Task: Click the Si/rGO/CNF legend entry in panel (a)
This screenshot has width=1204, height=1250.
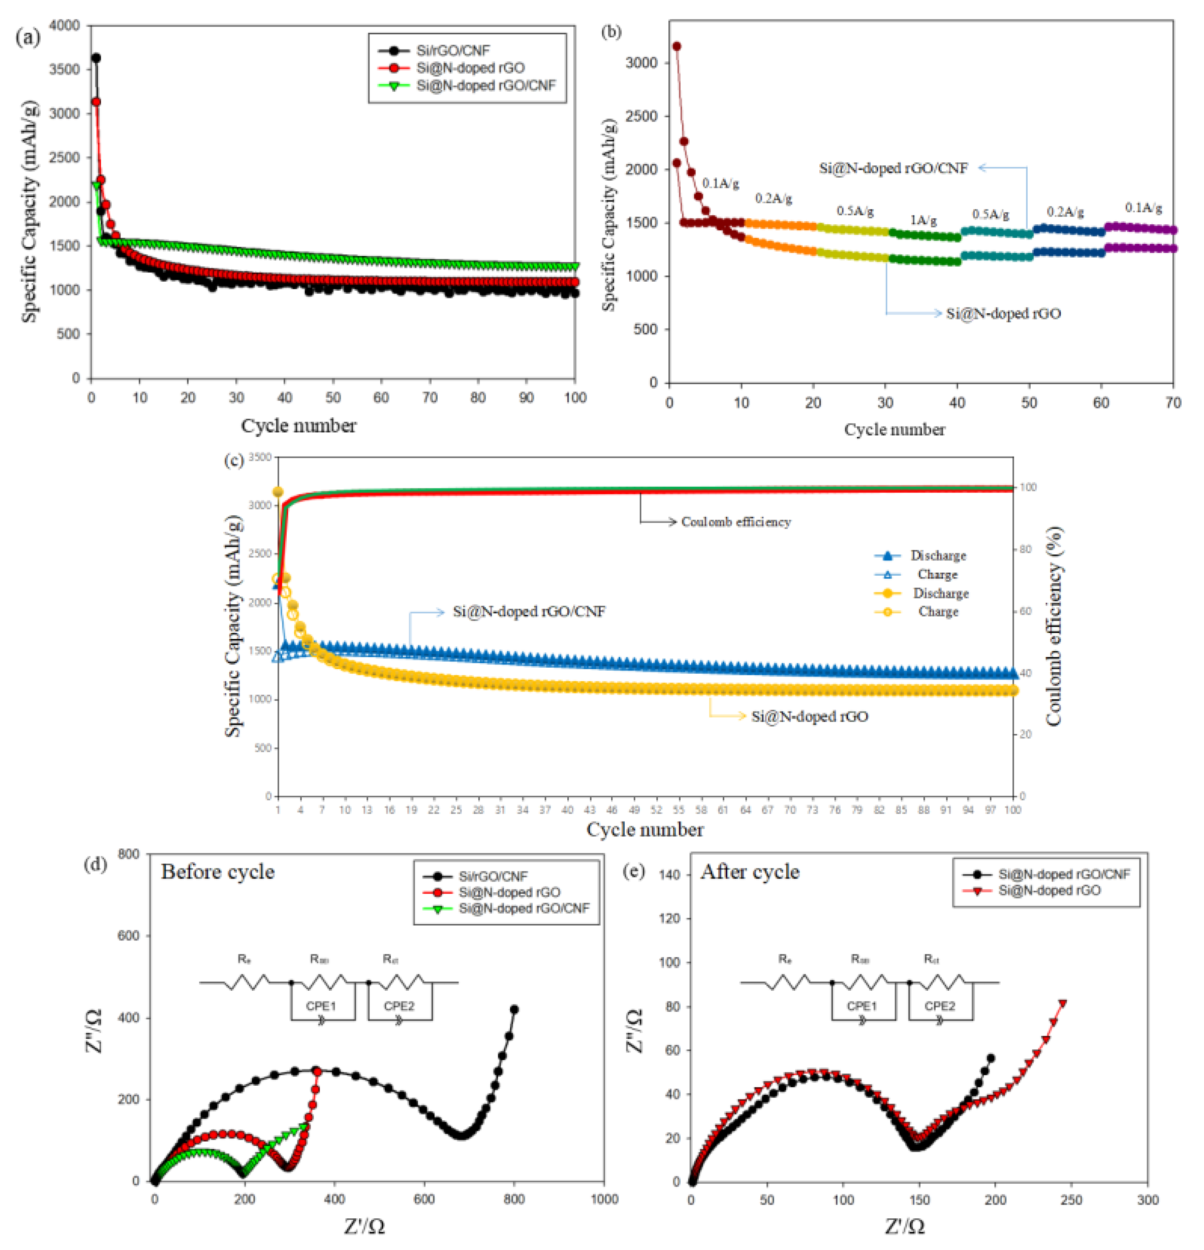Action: click(453, 50)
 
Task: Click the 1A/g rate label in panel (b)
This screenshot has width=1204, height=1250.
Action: click(923, 220)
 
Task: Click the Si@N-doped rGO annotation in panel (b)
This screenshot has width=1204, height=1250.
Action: click(1003, 313)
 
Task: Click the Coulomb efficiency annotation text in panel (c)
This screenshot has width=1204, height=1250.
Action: click(736, 522)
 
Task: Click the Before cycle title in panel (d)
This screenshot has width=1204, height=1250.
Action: click(218, 872)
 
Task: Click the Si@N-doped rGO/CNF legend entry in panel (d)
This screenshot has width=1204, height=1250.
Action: click(523, 908)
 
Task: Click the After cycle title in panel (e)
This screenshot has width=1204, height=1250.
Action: click(750, 872)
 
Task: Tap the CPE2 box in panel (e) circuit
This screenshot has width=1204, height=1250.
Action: click(940, 1006)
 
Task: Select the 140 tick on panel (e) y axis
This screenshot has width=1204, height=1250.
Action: click(670, 874)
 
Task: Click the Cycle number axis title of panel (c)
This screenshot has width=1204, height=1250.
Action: click(644, 830)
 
